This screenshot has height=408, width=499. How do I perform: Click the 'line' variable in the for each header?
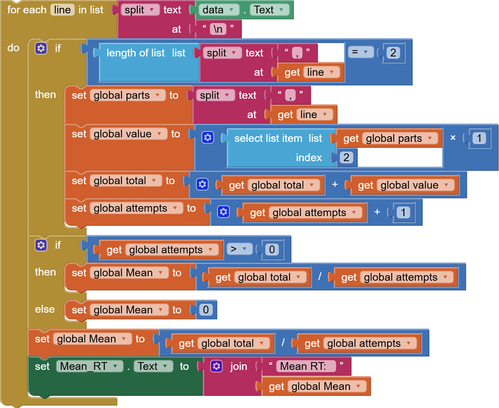pos(62,10)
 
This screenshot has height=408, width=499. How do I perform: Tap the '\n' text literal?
pos(218,29)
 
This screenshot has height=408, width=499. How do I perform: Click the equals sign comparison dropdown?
pos(361,52)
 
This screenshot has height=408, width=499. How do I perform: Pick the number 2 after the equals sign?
pos(393,53)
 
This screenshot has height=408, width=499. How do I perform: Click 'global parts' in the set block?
pos(127,95)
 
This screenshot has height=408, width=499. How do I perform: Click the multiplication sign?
pos(453,138)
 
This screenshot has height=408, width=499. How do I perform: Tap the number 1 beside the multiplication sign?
pos(479,139)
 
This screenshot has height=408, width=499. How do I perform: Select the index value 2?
pos(346,158)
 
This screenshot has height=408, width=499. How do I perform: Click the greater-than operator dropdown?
pos(239,249)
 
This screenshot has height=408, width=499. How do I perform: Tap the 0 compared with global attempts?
pos(271,250)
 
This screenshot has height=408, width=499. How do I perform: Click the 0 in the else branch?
pos(206,310)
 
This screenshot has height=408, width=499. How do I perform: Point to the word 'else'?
pos(45,309)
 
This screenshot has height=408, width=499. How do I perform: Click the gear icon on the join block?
pos(217,366)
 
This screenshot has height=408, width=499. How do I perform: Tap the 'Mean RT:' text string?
pos(306,366)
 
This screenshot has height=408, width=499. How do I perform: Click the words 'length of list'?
pos(135,53)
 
